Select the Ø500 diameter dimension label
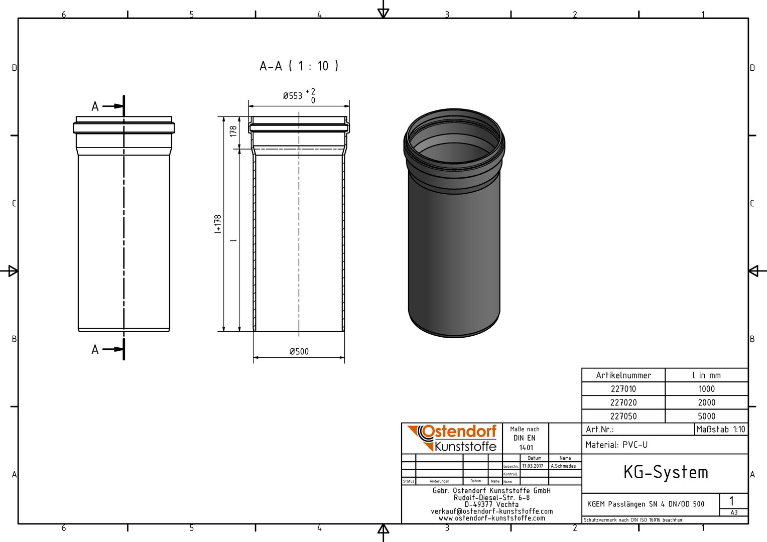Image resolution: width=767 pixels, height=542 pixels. point(299,351)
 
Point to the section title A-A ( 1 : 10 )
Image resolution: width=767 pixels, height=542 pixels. point(299,66)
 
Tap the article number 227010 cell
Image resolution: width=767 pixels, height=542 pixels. point(623,389)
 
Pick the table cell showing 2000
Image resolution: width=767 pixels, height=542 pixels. point(706,402)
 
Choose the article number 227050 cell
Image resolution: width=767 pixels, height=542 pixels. point(623,417)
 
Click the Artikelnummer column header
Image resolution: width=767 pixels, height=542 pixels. point(623,375)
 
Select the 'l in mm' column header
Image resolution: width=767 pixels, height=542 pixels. point(706,375)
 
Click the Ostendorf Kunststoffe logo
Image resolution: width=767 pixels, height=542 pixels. point(452,438)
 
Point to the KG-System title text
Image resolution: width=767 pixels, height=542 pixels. point(666,472)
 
